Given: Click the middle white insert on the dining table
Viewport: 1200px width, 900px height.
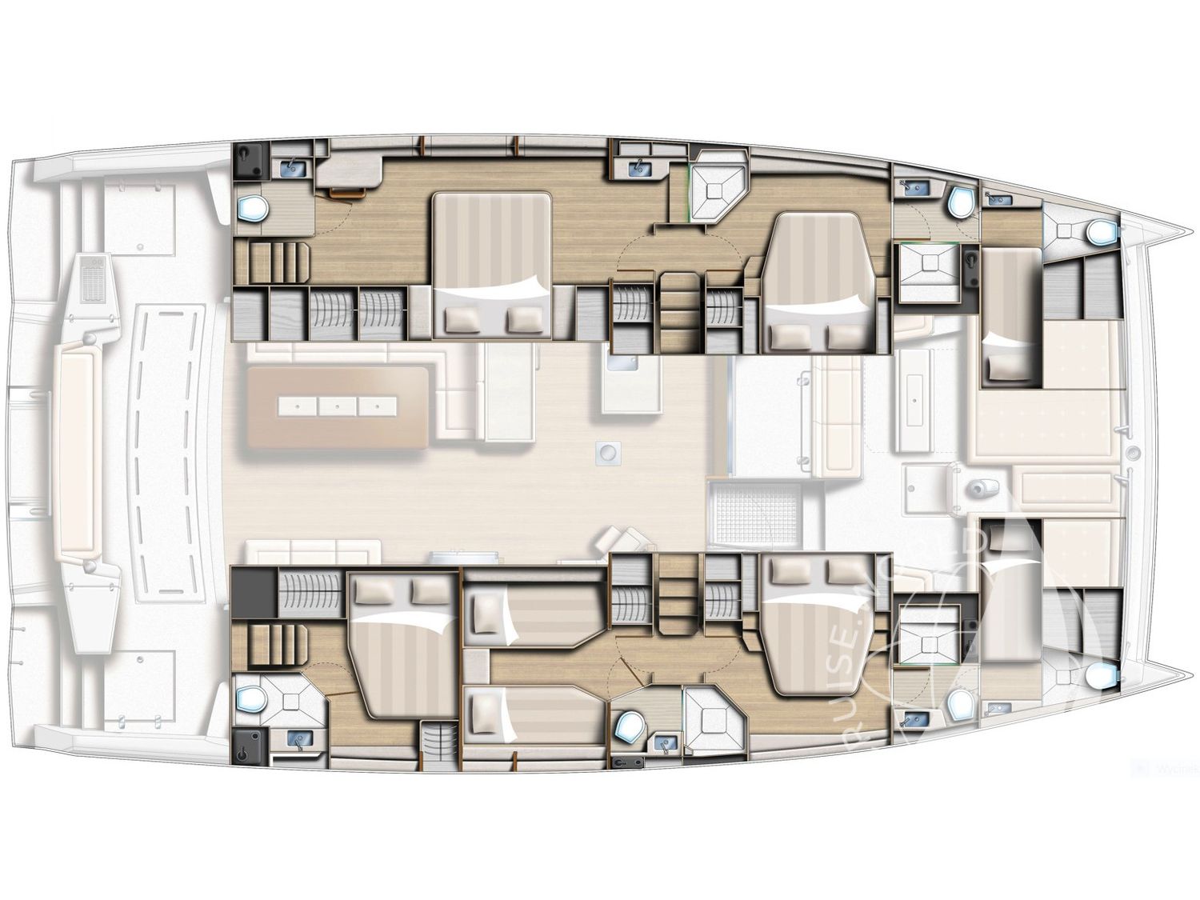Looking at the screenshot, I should [x=337, y=406].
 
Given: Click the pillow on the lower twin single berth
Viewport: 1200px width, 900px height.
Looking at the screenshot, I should [x=484, y=709].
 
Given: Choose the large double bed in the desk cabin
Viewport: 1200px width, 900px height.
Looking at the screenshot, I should [x=491, y=264].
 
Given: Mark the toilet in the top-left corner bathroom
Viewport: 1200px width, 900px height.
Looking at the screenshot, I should [x=254, y=209].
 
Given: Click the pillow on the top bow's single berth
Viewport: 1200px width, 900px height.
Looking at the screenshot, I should [x=1001, y=367].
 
